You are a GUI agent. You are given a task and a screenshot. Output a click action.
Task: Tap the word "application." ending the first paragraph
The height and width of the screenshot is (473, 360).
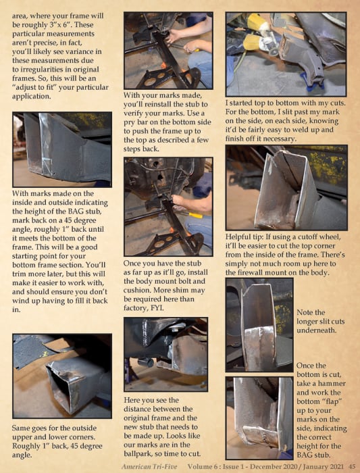(32, 97)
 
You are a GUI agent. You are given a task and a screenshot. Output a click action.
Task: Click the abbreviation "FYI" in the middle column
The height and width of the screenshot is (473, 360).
(157, 308)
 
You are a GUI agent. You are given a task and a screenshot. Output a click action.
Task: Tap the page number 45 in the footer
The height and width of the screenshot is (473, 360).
(352, 467)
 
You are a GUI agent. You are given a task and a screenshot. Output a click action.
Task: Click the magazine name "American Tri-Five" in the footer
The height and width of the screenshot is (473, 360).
(149, 467)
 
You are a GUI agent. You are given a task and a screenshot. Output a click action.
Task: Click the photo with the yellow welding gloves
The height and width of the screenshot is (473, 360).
(286, 54)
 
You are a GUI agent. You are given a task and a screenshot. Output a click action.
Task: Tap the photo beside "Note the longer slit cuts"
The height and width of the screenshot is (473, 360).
(259, 325)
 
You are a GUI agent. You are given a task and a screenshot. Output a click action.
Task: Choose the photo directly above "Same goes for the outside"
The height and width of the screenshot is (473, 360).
(62, 376)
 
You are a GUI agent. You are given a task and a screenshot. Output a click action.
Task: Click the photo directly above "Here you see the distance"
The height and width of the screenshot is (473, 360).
(166, 354)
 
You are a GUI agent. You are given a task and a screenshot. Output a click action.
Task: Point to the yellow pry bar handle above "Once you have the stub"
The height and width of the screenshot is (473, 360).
(195, 216)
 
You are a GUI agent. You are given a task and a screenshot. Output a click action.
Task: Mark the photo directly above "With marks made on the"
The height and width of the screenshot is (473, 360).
(62, 149)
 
